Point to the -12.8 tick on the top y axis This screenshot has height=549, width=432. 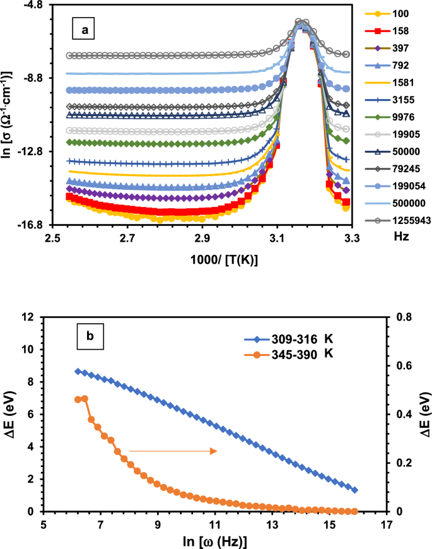(x=31, y=151)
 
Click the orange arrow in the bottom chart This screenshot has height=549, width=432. (x=173, y=451)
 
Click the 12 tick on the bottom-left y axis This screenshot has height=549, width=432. (x=32, y=317)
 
